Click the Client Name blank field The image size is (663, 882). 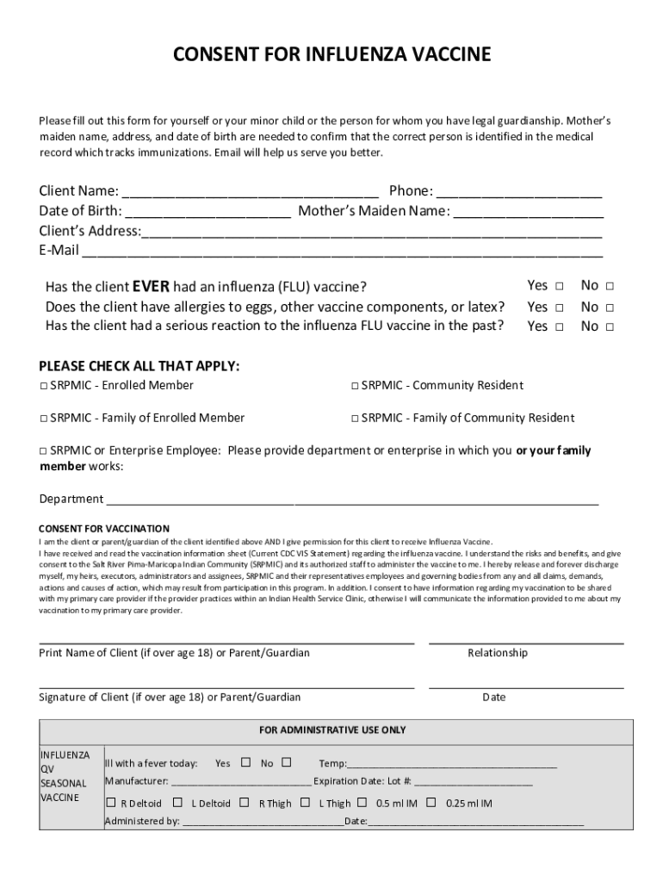(x=251, y=191)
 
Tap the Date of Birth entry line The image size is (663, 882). (x=208, y=211)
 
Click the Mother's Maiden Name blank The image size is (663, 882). (x=528, y=211)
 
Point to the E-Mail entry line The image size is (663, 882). (x=342, y=251)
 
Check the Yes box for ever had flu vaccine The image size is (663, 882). (x=559, y=286)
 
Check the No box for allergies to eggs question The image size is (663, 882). (x=610, y=307)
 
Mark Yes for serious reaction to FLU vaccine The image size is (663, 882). (x=559, y=327)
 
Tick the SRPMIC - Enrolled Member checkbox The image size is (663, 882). (x=43, y=386)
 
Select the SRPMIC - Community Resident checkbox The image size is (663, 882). (x=355, y=386)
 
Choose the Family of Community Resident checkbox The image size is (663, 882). (x=355, y=419)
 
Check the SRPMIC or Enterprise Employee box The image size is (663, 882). (x=43, y=451)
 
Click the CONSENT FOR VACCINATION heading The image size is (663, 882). (x=104, y=528)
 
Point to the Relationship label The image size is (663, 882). (x=498, y=653)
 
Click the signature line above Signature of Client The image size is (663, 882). (x=226, y=687)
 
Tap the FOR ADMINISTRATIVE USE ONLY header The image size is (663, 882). (x=332, y=730)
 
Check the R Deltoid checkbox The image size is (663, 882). (x=110, y=803)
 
